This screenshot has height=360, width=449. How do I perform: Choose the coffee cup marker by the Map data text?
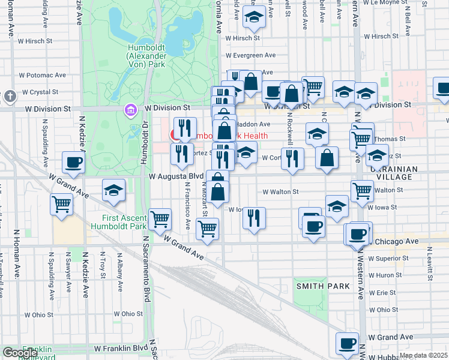[346, 343]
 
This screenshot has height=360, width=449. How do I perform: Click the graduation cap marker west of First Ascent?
[113, 190]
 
